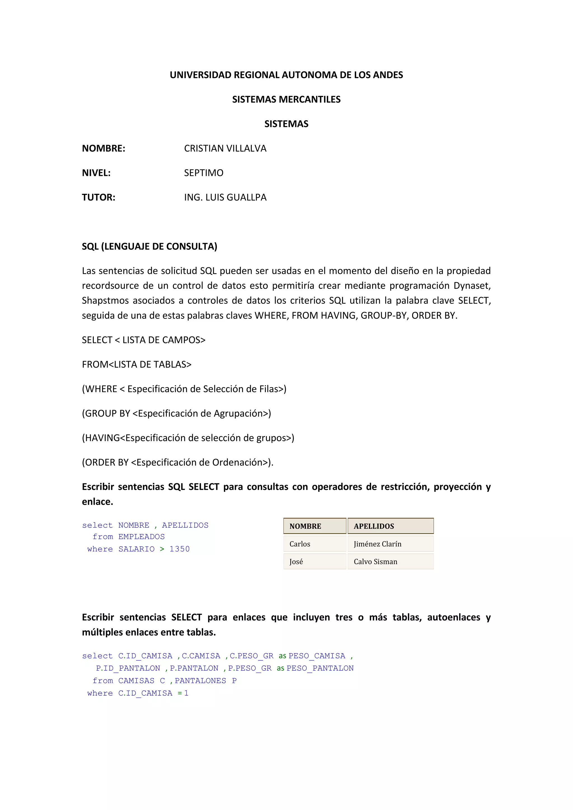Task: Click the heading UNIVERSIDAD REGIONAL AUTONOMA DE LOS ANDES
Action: tap(286, 75)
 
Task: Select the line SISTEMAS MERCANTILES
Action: tap(286, 100)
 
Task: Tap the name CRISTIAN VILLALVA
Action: tap(225, 149)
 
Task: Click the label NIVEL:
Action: tap(96, 173)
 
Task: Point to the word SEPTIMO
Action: tap(204, 173)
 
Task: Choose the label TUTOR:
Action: tap(98, 197)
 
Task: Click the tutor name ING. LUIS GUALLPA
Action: tap(225, 197)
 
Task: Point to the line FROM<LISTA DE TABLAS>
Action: tap(137, 364)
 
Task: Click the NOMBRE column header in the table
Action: tap(305, 526)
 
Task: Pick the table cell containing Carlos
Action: tap(300, 544)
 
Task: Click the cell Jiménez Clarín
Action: tap(377, 544)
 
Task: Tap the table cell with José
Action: tap(296, 562)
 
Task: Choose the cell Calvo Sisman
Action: tap(375, 562)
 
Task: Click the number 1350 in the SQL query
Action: tap(179, 549)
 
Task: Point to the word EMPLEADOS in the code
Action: tap(142, 536)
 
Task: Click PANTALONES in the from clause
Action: tap(200, 681)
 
